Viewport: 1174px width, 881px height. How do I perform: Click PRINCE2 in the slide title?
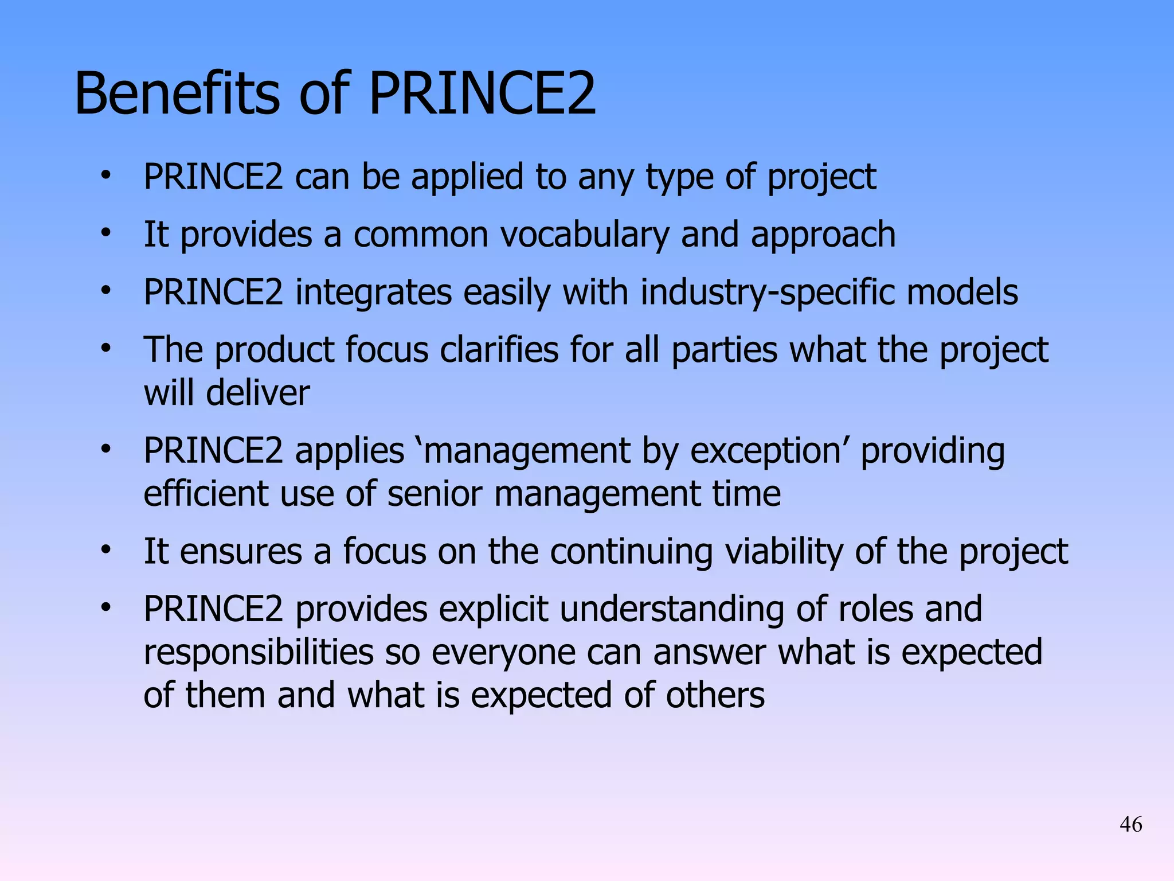pyautogui.click(x=482, y=93)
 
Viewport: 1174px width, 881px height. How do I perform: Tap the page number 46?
pyautogui.click(x=1130, y=824)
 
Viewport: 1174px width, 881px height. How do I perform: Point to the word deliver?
pyautogui.click(x=257, y=393)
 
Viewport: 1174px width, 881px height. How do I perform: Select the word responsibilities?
pyautogui.click(x=258, y=653)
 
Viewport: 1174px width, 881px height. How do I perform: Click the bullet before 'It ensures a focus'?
pyautogui.click(x=105, y=549)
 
